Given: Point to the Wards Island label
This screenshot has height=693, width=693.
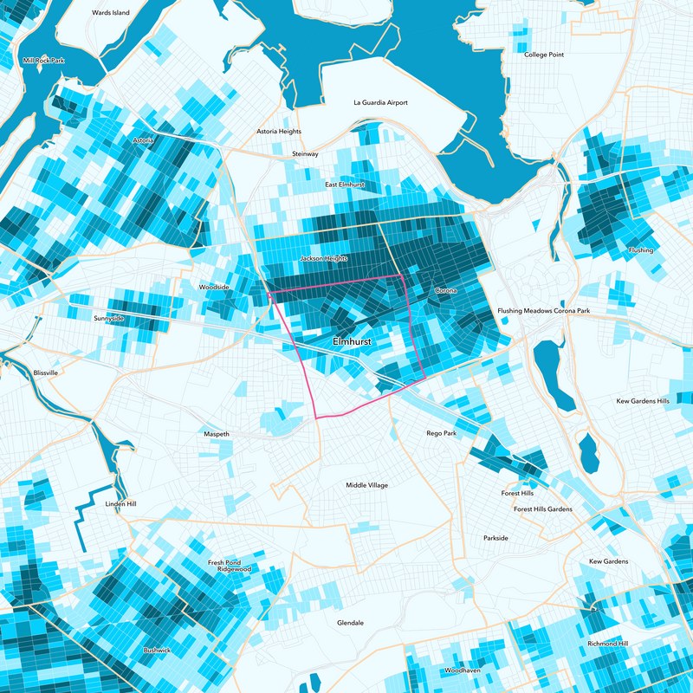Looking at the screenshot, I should [110, 13].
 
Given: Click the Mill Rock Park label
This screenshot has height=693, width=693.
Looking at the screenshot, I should [44, 61].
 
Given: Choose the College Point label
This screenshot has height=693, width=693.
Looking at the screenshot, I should [544, 55].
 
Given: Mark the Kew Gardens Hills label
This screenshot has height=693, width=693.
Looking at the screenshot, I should [643, 401].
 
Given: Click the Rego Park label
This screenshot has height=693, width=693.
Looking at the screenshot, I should [441, 432].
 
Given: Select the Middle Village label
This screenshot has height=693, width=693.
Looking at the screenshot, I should [367, 485].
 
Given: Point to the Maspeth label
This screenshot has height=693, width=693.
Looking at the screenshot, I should [216, 433].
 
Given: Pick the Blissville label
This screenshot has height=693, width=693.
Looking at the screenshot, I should [45, 372].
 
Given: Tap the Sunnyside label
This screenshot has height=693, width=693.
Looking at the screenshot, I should [108, 319].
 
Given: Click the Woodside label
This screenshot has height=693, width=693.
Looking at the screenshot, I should [214, 286].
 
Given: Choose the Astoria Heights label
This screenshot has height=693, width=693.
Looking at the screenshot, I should [279, 132].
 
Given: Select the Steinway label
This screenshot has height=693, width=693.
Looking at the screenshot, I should [305, 153].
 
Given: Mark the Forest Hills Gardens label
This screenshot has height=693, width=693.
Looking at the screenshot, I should [543, 509].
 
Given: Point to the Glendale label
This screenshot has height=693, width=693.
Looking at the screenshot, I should [350, 623].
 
